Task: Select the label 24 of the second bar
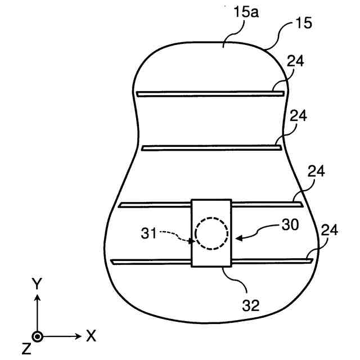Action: click(298, 115)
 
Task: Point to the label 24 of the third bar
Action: click(317, 172)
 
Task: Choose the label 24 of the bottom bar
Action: click(330, 230)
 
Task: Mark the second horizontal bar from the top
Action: click(211, 147)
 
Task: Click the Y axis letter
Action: click(37, 284)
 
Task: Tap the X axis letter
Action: click(91, 336)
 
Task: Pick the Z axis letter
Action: click(26, 349)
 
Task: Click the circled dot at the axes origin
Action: click(37, 336)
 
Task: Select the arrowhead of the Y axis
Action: click(37, 298)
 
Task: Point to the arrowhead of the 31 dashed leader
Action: click(193, 242)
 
